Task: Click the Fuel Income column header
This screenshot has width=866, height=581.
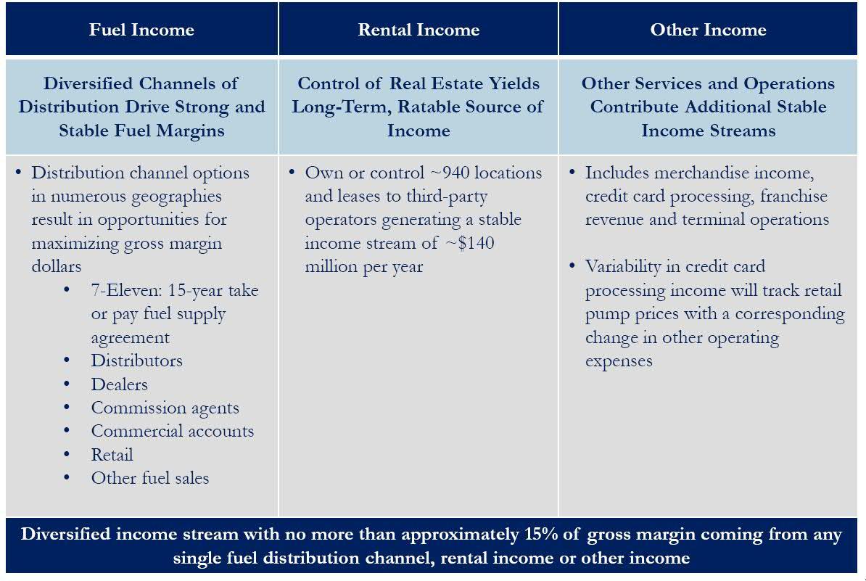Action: coord(141,29)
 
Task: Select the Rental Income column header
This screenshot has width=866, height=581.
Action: coord(418,29)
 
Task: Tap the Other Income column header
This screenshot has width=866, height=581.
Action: coord(708,29)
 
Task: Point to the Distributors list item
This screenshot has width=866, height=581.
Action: coord(136,360)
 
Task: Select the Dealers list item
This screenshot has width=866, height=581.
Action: coord(119,384)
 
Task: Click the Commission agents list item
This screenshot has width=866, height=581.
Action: coord(165,408)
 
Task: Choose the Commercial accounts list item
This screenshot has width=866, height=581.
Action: coord(173,432)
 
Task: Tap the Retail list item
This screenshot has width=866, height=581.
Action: coord(112,455)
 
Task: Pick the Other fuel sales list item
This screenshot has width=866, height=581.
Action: coord(150,478)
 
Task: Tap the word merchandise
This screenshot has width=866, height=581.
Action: coord(701,173)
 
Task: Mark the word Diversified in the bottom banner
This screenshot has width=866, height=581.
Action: coord(66,534)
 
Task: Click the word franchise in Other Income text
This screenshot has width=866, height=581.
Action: coord(793,196)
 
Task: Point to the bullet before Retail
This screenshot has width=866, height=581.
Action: coord(67,455)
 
